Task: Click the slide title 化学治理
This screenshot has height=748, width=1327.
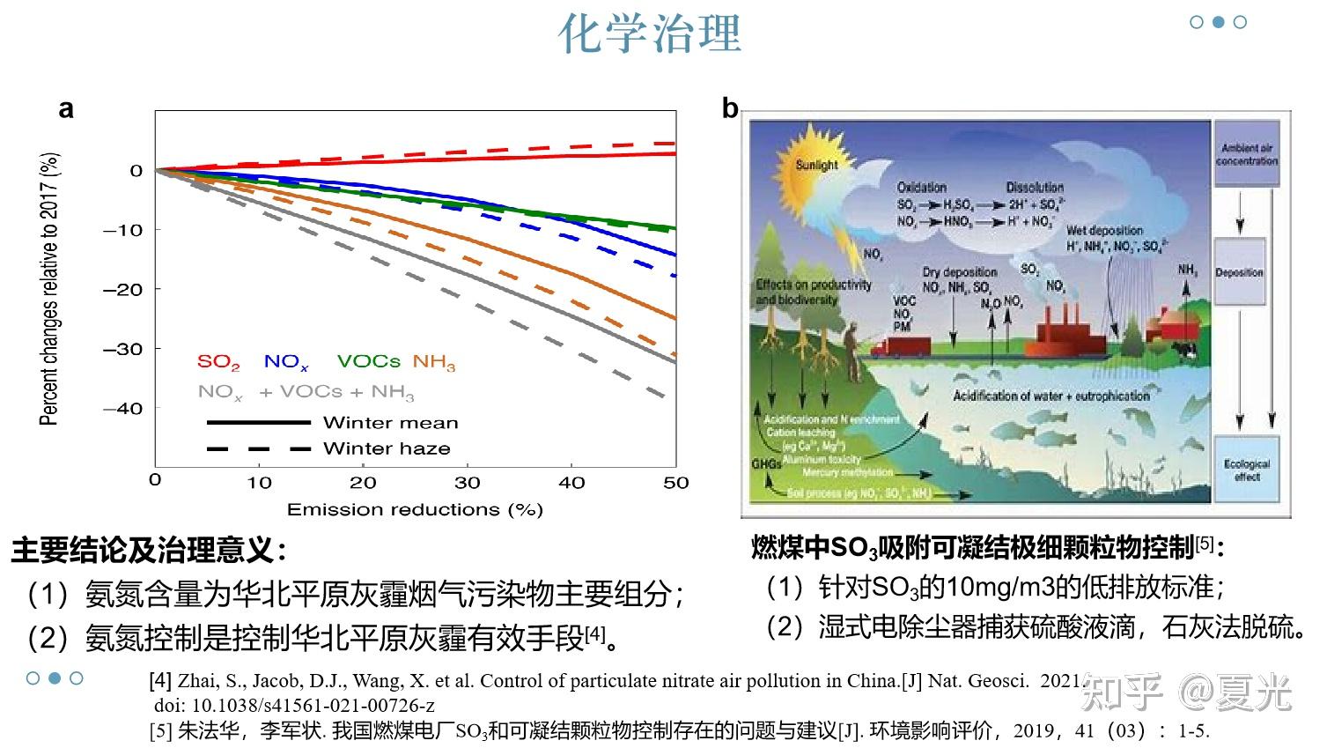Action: (x=650, y=33)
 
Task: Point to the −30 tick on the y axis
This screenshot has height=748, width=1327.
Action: (x=123, y=349)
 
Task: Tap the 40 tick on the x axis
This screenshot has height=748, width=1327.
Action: (x=571, y=483)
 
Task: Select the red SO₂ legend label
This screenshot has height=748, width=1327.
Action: (x=218, y=362)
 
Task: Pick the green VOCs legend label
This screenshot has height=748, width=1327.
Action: (x=368, y=361)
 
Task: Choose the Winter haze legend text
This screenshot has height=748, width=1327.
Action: (x=387, y=448)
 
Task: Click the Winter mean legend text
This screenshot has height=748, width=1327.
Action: (x=390, y=423)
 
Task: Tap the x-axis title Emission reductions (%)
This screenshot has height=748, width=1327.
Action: (x=415, y=509)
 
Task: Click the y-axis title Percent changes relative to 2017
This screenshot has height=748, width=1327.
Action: (x=50, y=289)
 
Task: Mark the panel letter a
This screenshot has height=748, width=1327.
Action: (x=66, y=108)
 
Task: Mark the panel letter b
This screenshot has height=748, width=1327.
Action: (x=730, y=108)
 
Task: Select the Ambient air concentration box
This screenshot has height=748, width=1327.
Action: (x=1246, y=155)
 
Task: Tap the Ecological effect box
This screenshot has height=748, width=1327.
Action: (x=1246, y=470)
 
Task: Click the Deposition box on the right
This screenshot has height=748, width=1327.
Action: (x=1239, y=272)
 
